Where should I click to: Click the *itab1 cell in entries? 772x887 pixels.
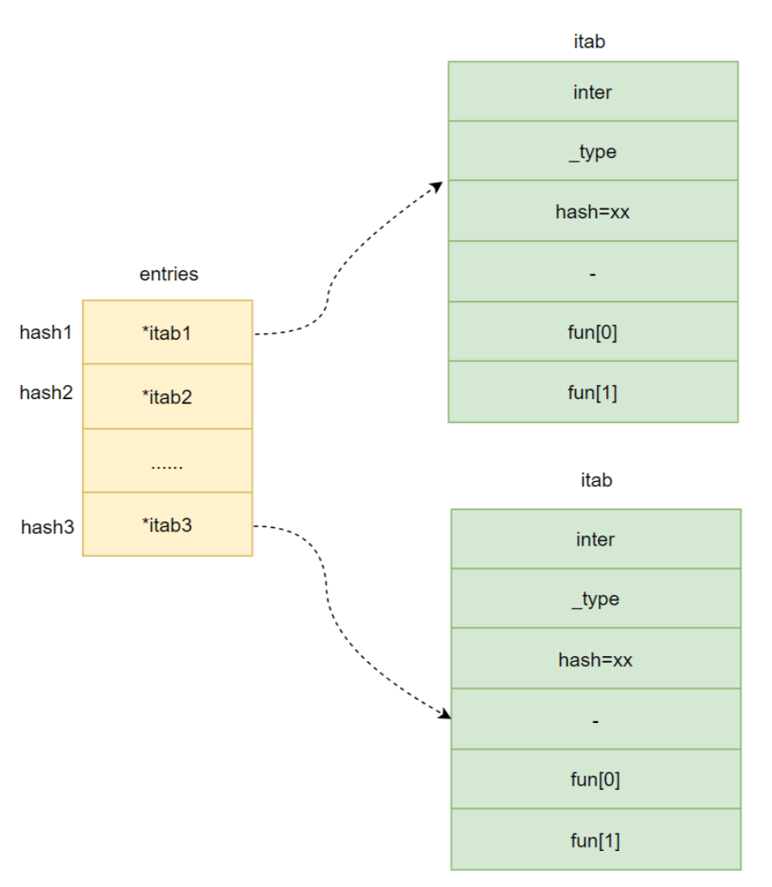[167, 332]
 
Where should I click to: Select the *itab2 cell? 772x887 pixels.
[167, 396]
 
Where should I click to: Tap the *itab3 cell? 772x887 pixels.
[167, 525]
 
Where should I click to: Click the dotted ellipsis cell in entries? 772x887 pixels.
[167, 460]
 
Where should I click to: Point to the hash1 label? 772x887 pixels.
[46, 332]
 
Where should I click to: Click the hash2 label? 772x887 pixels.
[46, 392]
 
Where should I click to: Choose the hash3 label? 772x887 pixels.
[48, 526]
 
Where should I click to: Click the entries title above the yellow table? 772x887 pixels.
[168, 274]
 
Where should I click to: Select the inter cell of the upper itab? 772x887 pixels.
[593, 91]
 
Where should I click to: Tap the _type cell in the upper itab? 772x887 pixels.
[593, 151]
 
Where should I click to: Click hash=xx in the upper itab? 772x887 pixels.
[593, 211]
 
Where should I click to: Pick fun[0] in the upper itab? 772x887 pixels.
[593, 331]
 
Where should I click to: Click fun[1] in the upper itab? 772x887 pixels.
[593, 392]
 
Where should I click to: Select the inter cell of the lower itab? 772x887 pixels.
[596, 539]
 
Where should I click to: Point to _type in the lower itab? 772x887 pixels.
[596, 598]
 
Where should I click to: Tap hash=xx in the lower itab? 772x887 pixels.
[596, 659]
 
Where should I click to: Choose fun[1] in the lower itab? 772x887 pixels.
[596, 839]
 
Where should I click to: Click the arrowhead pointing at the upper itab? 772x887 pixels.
[437, 187]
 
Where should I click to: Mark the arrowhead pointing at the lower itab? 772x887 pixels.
[445, 714]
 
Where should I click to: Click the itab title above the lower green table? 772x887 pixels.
[596, 479]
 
